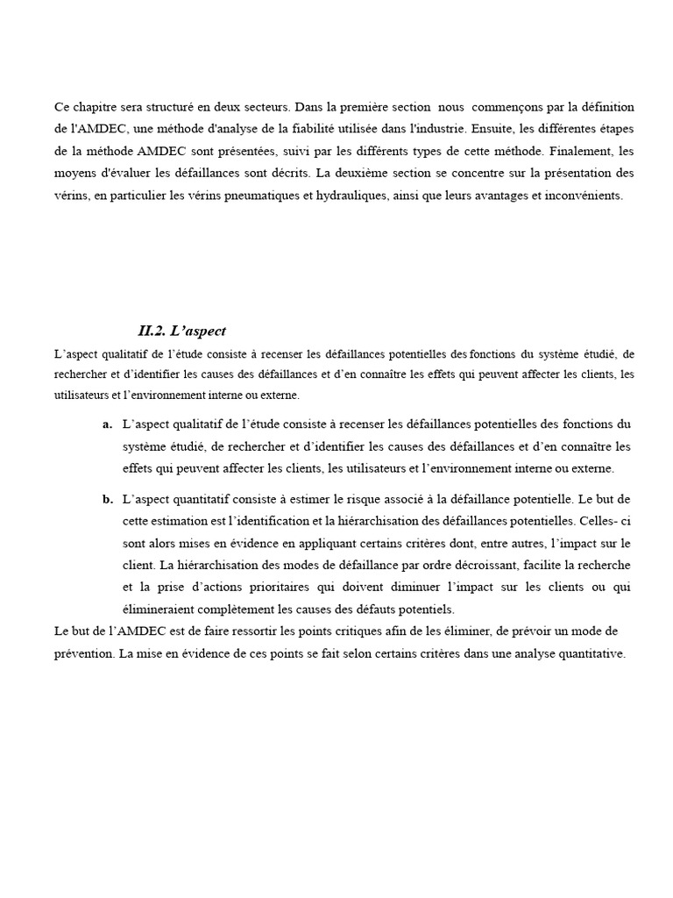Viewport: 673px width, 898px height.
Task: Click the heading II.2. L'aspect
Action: [x=181, y=331]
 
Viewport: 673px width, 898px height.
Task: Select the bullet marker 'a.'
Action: [x=107, y=424]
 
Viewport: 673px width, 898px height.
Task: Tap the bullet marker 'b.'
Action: [x=107, y=500]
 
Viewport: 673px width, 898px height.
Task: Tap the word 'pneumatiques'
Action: [x=262, y=196]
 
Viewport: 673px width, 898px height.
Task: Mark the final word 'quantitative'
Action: [x=590, y=653]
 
